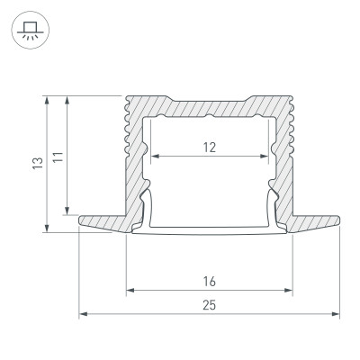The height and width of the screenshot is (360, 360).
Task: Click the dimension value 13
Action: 37,164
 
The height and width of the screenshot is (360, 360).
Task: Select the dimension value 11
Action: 57,156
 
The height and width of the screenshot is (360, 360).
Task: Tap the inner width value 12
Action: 208,148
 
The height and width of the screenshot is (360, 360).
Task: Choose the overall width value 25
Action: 209,306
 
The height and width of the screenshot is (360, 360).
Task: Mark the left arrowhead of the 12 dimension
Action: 152,155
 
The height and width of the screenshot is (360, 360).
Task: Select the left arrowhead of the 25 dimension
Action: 83,314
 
